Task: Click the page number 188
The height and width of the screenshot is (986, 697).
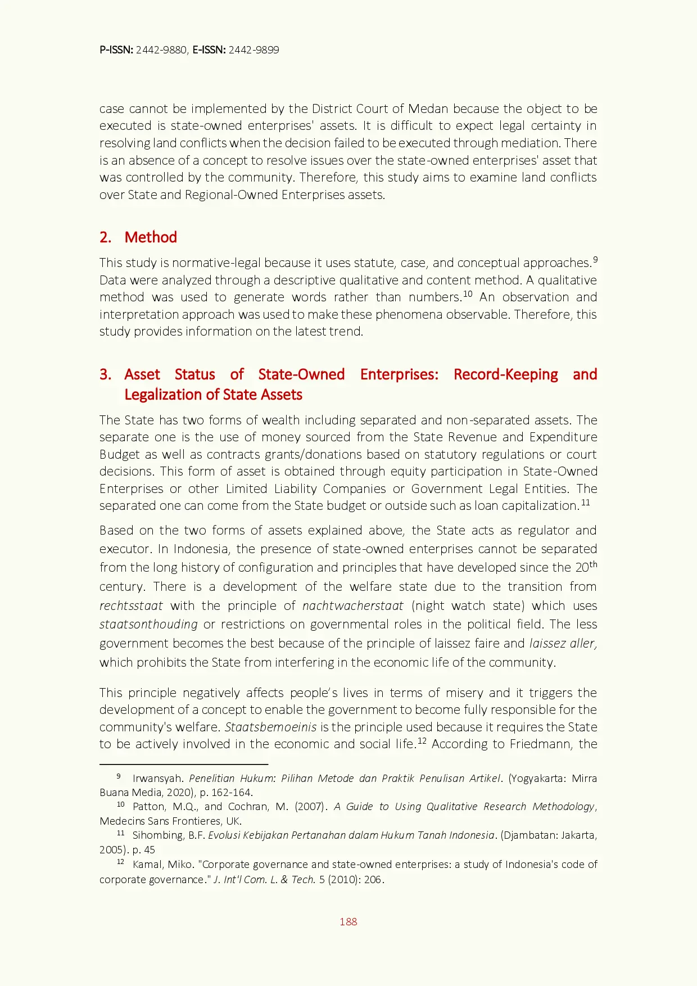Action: pos(348,921)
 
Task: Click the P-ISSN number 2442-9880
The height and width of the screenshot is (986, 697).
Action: pos(161,50)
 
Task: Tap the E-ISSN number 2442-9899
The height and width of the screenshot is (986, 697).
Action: pos(254,50)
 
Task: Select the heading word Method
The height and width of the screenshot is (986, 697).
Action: pos(151,237)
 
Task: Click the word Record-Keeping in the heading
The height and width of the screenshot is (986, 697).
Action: pos(505,374)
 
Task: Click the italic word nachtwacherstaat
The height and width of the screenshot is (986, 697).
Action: pos(352,606)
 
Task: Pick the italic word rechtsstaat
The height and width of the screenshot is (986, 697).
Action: pos(131,606)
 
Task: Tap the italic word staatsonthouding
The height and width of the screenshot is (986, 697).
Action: pos(148,625)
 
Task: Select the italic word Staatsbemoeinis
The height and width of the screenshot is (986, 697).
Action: pos(270,727)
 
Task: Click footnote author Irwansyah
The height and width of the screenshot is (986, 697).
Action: pos(157,779)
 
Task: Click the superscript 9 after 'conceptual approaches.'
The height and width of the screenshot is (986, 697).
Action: pos(595,260)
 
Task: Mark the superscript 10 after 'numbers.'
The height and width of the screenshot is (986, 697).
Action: pos(468,294)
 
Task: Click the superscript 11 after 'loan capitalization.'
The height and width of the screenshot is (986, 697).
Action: pos(585,503)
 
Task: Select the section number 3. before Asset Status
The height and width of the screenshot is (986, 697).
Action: pos(106,374)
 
